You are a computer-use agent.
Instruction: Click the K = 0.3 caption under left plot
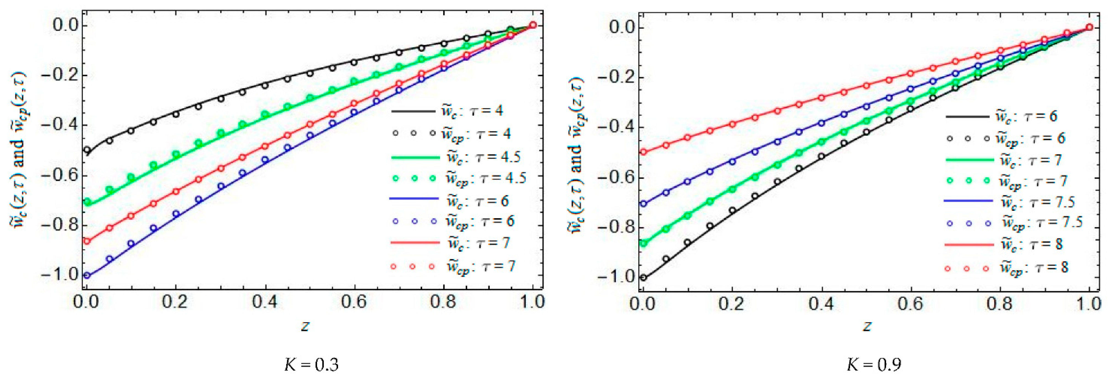[x=311, y=365]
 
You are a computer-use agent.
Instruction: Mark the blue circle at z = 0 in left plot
[x=87, y=275]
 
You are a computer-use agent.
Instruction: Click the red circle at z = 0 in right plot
[x=644, y=152]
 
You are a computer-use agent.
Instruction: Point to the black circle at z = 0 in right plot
[x=644, y=277]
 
